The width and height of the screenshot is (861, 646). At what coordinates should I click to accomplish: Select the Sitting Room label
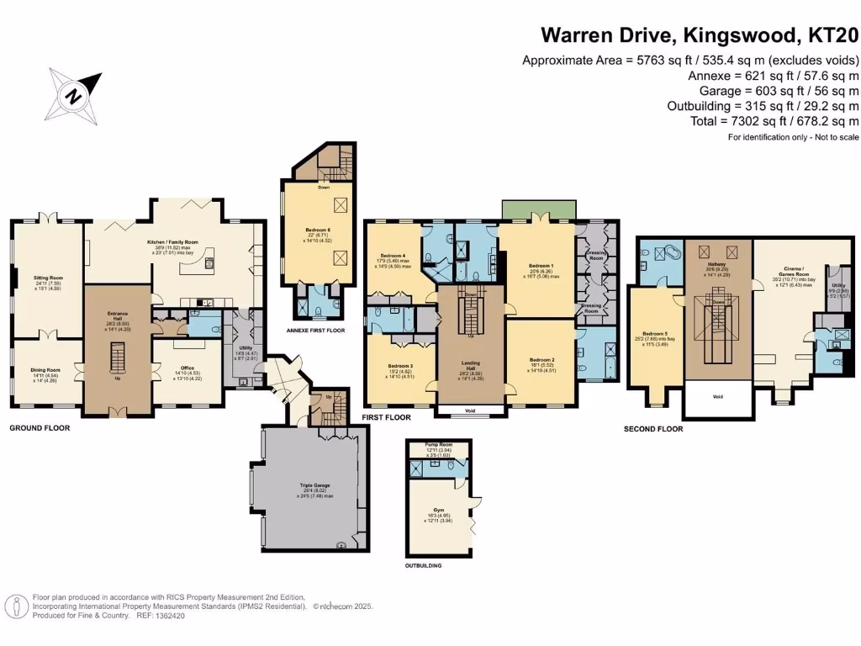(x=49, y=278)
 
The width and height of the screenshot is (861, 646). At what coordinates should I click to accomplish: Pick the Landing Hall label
(x=470, y=363)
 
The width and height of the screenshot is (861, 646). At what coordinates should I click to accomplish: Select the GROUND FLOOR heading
(x=39, y=428)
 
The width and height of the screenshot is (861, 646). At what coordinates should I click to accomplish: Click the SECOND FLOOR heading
(x=652, y=429)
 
